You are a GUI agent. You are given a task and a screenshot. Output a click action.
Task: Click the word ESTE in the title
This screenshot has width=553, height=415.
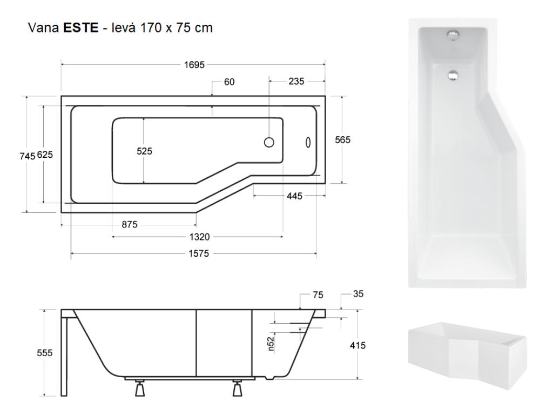coord(81,28)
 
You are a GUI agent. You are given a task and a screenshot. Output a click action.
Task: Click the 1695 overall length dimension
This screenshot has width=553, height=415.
coord(194,65)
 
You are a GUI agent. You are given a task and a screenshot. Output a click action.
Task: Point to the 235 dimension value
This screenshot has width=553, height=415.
coord(296,81)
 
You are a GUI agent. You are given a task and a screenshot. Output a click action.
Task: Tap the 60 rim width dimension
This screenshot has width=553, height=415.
coord(229,82)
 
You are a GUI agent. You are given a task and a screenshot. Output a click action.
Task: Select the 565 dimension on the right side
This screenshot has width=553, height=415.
coord(343,140)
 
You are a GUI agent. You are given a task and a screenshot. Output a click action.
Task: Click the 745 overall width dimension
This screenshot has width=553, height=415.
coord(27,156)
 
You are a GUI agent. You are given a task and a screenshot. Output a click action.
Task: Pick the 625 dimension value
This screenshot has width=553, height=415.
coord(45,155)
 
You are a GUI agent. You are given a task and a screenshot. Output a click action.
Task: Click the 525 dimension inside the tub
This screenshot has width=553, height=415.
coord(144,151)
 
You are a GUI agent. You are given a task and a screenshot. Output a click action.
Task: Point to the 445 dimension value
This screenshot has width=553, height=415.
coord(294,196)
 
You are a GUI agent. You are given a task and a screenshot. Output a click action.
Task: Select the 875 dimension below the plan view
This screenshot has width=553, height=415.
coord(130,224)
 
